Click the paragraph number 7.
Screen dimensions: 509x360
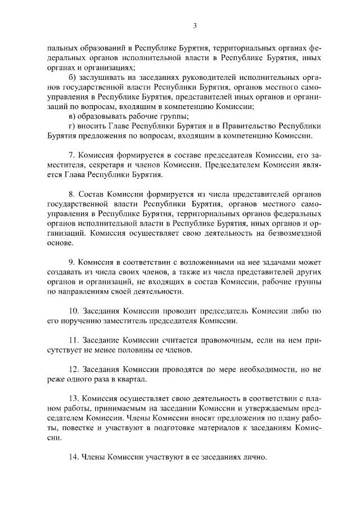pos(71,155)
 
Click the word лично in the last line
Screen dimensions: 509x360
pos(253,457)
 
